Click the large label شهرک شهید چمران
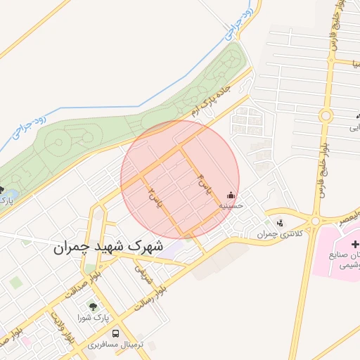(x=107, y=247)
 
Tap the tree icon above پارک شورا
(x=92, y=307)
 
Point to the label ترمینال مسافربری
(x=116, y=345)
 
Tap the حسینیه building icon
(x=231, y=195)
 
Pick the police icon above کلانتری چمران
(x=281, y=222)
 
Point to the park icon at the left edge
(x=2, y=190)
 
